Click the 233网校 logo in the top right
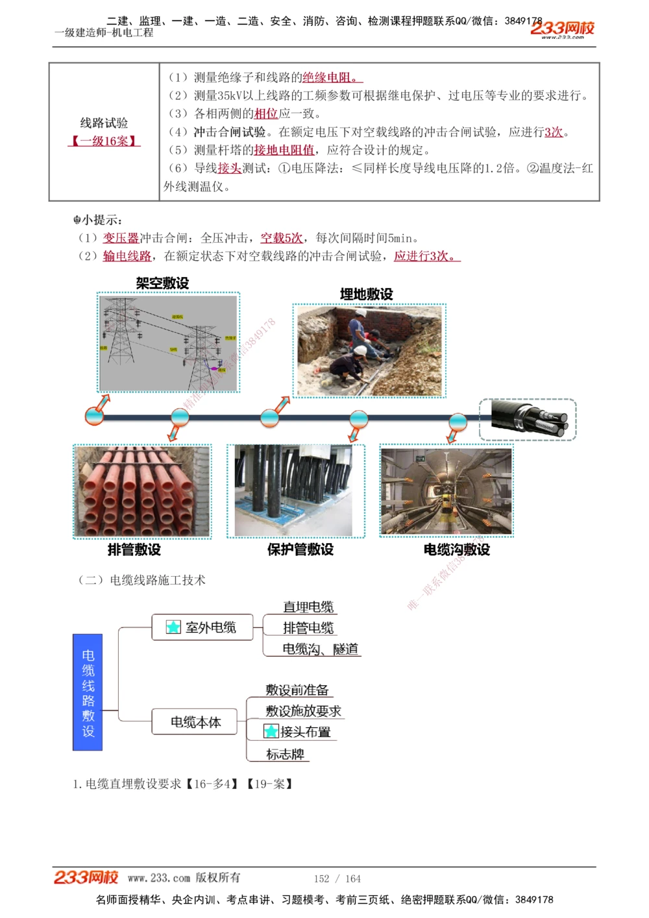(562, 29)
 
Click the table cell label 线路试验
(104, 123)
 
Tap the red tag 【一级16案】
(104, 141)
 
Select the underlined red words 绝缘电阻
(330, 78)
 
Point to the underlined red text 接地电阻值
(284, 151)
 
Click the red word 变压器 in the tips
(121, 238)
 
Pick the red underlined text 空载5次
(281, 238)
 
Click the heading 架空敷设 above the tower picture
(162, 283)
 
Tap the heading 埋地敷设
(366, 294)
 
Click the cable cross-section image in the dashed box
(528, 420)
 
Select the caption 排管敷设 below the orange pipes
(134, 550)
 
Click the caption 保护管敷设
(300, 550)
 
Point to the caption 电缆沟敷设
(456, 550)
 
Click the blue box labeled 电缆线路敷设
(88, 692)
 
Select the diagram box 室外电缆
(202, 627)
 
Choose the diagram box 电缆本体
(195, 722)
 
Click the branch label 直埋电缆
(308, 607)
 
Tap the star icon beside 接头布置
(271, 732)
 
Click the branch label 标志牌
(285, 754)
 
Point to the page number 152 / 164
(337, 878)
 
